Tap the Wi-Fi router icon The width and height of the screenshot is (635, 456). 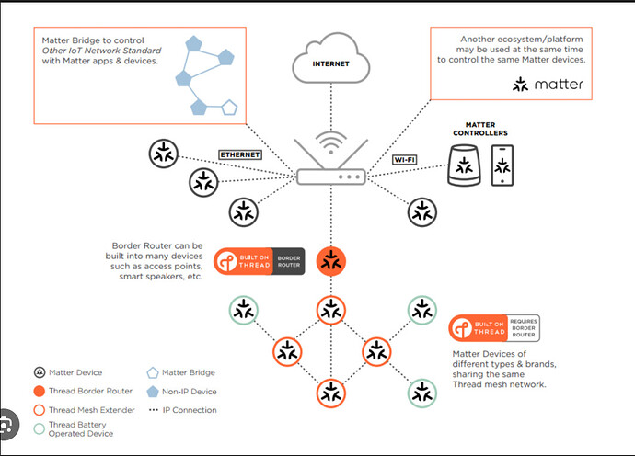(x=331, y=165)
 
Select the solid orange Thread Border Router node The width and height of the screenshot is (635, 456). (x=330, y=260)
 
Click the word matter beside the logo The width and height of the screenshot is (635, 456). (x=559, y=85)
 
